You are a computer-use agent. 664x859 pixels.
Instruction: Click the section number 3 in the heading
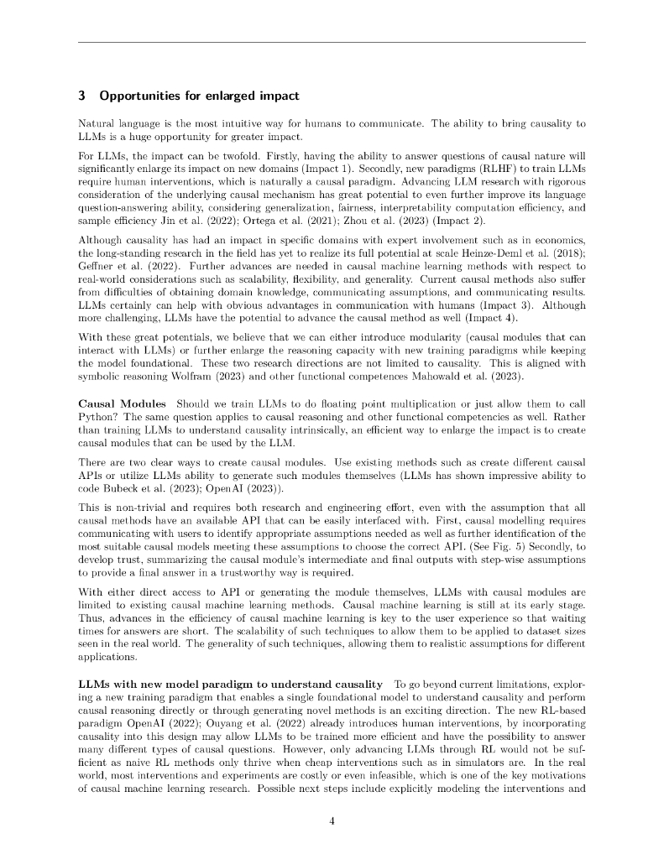81,96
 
